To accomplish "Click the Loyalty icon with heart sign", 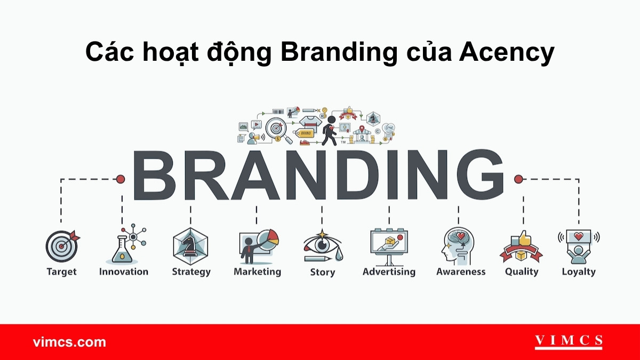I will click(579, 246).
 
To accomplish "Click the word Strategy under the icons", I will click(191, 272).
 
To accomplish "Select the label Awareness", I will click(461, 272).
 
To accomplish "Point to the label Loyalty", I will click(579, 272).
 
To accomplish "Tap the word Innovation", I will click(124, 272).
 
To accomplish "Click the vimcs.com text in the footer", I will click(69, 342).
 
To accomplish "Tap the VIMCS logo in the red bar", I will click(569, 341).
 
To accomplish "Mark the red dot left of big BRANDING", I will click(121, 179).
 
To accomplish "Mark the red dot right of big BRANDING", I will click(517, 179).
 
